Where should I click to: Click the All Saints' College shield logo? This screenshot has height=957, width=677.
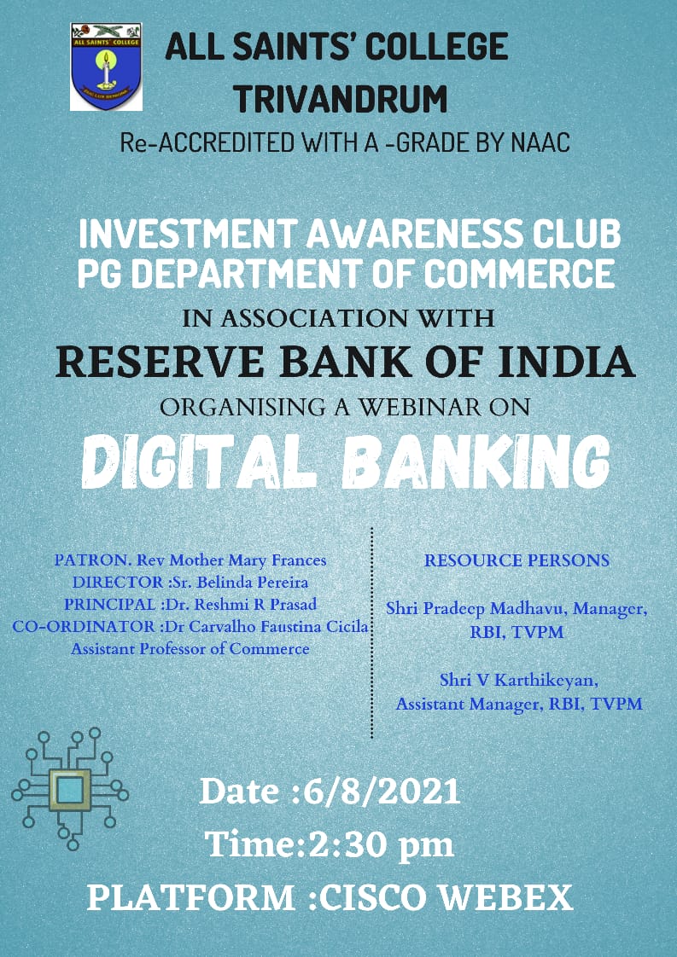pos(107,67)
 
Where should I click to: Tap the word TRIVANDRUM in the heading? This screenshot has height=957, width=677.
pos(341,99)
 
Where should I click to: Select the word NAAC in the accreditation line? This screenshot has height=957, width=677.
pos(540,142)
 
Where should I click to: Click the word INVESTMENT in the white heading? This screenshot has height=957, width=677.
pos(188,235)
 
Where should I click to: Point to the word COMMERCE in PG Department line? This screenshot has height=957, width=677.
pos(518,274)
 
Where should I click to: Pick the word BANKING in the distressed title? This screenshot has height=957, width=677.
pos(476,461)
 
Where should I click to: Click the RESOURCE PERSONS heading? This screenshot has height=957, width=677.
pos(517,560)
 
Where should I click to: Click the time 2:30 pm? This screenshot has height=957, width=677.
pos(382,845)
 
